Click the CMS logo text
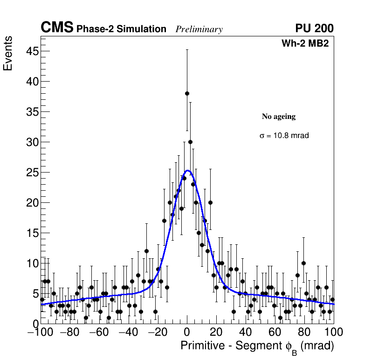click(57, 28)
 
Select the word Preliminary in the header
click(199, 29)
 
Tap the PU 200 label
click(314, 28)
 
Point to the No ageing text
click(278, 117)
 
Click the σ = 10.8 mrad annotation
click(284, 136)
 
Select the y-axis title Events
click(8, 54)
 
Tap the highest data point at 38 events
click(187, 93)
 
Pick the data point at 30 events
click(190, 142)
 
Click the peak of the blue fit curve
click(187, 171)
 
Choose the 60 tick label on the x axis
click(275, 332)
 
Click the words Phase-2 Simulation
click(121, 29)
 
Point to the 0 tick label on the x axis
click(187, 332)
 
